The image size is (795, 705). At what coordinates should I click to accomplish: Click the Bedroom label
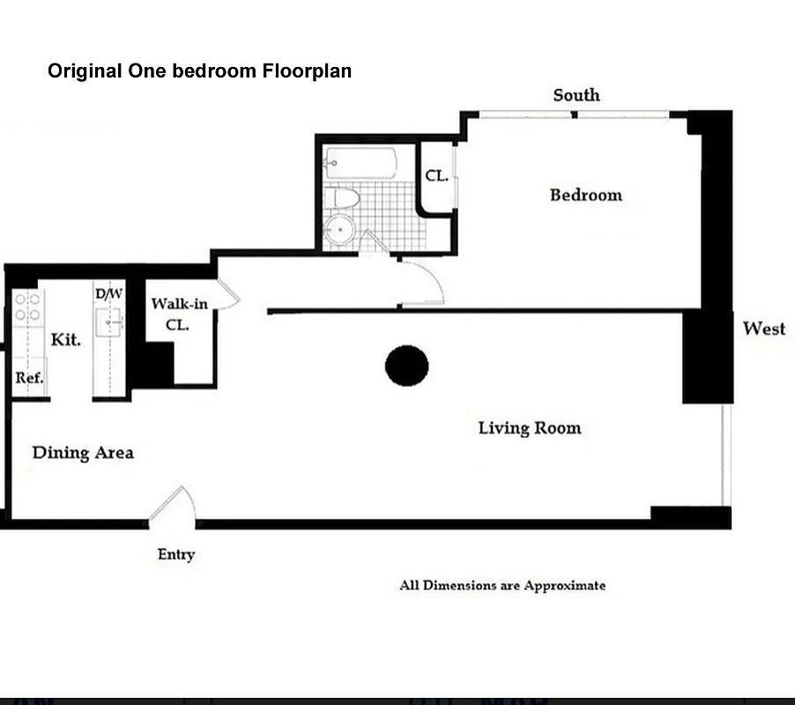tap(586, 195)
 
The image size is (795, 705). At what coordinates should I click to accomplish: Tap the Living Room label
tap(530, 427)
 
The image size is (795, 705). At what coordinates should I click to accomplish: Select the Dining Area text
tap(83, 453)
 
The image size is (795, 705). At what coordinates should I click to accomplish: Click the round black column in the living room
tap(406, 366)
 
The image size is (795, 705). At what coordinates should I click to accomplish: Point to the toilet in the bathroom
tap(343, 198)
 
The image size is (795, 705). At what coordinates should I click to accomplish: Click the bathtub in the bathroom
tap(360, 163)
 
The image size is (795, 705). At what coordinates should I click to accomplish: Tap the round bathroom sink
tap(339, 230)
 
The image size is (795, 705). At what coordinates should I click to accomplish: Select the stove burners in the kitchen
tap(28, 308)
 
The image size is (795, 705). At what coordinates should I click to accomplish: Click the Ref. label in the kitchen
tap(29, 377)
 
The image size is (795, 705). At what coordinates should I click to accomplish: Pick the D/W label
tap(109, 294)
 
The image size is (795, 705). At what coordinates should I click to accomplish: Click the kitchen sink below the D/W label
tap(108, 322)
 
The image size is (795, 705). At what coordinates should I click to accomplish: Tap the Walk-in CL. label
tap(180, 315)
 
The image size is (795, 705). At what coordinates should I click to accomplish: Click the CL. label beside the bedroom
tap(436, 176)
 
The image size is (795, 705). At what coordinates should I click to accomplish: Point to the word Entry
tap(176, 554)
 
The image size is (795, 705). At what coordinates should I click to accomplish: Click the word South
tap(576, 95)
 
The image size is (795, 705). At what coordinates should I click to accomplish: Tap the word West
tap(764, 329)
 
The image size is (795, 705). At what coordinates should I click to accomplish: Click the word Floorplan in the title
tap(307, 71)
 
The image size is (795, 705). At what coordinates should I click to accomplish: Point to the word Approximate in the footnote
tap(565, 586)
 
